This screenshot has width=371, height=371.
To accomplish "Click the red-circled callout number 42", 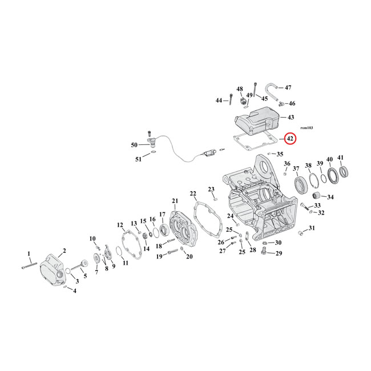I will coord(289,139).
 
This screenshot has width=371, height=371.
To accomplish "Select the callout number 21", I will coord(175,200).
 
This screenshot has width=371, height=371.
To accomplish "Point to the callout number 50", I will coord(134,145).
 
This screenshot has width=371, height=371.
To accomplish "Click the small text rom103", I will coord(306,128).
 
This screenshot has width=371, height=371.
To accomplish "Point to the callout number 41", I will coord(341,158).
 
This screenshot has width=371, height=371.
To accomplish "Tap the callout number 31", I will coord(312,228).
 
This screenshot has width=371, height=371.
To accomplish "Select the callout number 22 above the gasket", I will coord(193,193).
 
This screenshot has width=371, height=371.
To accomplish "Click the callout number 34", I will coord(331,197).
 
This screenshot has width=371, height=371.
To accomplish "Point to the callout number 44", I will coord(219,100).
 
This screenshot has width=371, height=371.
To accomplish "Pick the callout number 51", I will coord(138,159).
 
